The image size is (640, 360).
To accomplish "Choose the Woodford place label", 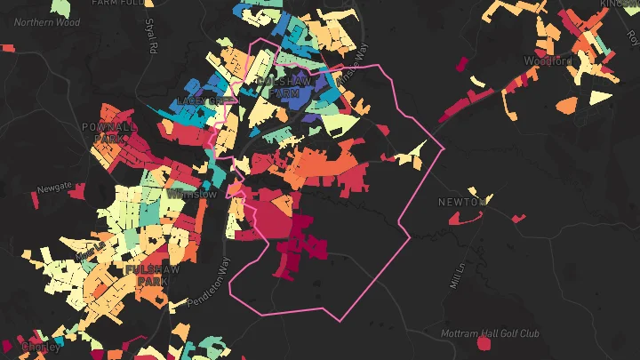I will [x=548, y=61].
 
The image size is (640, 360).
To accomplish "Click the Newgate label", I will [x=52, y=188].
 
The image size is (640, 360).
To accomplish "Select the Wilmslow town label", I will [x=190, y=193].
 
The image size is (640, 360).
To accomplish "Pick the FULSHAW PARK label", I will [x=148, y=274].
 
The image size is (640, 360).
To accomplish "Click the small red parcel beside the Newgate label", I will [x=76, y=190].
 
